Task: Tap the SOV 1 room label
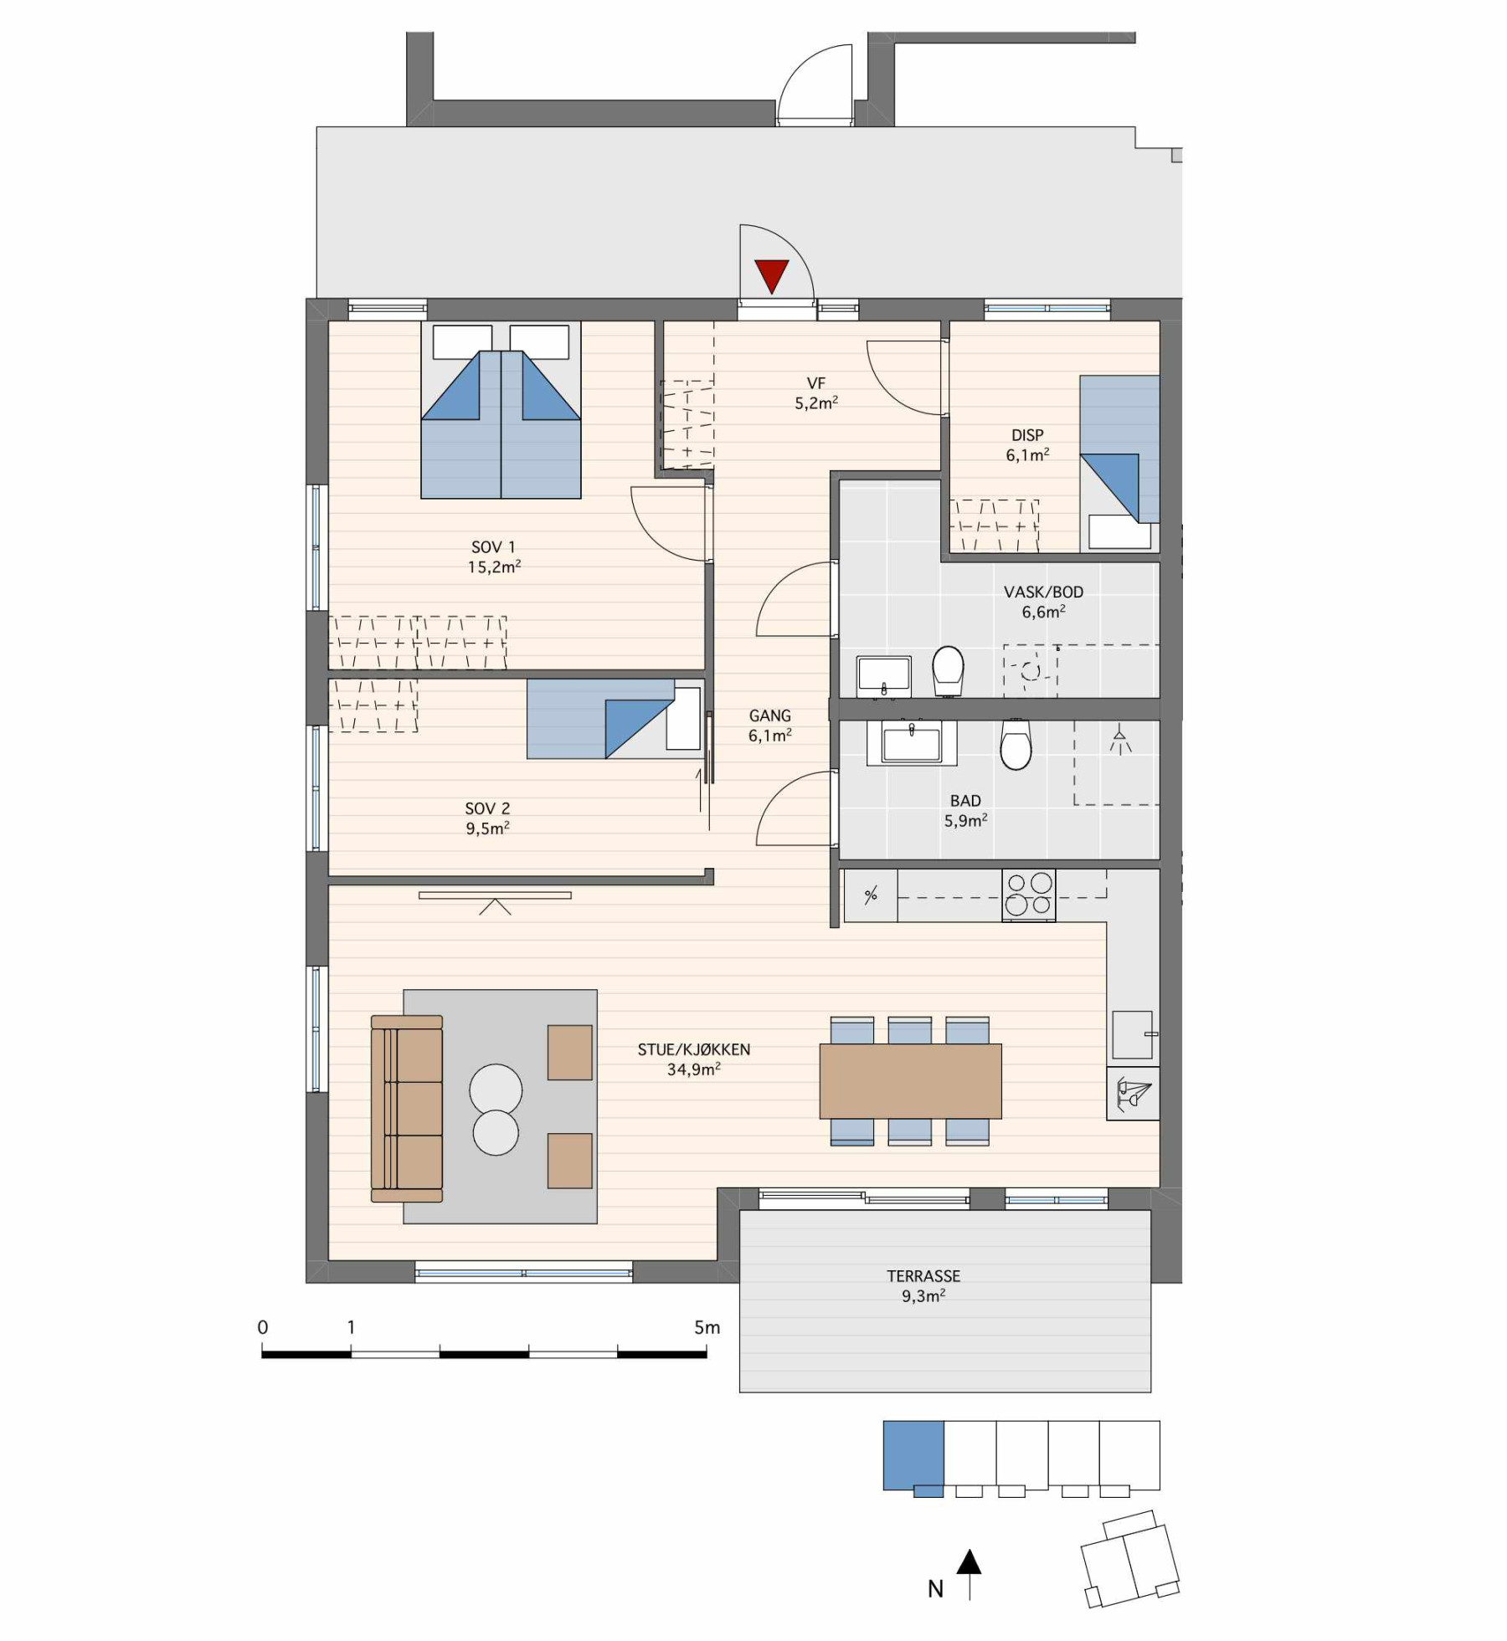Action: coord(493,547)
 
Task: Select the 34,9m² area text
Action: coord(694,1069)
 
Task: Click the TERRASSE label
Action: coord(923,1275)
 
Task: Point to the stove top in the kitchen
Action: coord(1029,895)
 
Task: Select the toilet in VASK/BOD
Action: coord(949,670)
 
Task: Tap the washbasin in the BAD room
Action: coord(912,742)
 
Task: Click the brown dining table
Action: coord(910,1080)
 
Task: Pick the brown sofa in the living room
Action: coord(407,1108)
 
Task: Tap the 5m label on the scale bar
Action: coord(707,1326)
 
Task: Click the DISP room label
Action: coord(1027,435)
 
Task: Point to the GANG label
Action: coord(769,715)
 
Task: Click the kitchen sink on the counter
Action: coord(1133,1035)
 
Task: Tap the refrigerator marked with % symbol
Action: coord(871,895)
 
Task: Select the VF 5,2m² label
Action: coord(816,392)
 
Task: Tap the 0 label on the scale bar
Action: coord(263,1326)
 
